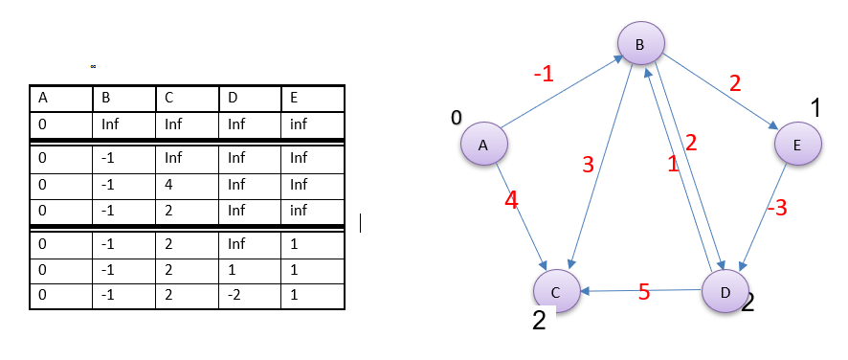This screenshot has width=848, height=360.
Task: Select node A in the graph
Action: click(483, 145)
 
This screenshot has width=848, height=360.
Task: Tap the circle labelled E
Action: click(797, 145)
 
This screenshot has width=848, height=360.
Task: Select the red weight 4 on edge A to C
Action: click(512, 201)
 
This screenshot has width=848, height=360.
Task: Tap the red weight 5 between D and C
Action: click(644, 292)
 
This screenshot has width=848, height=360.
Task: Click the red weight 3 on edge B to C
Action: click(589, 165)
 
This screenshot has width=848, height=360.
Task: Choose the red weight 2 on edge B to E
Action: click(735, 83)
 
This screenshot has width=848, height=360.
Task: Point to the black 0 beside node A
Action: click(457, 117)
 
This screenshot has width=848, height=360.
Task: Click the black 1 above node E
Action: click(815, 108)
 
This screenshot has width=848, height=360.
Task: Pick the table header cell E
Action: click(312, 98)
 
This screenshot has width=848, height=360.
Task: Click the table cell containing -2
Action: click(249, 295)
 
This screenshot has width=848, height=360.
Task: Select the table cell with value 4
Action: click(186, 184)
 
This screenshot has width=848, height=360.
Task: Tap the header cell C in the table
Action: click(186, 98)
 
